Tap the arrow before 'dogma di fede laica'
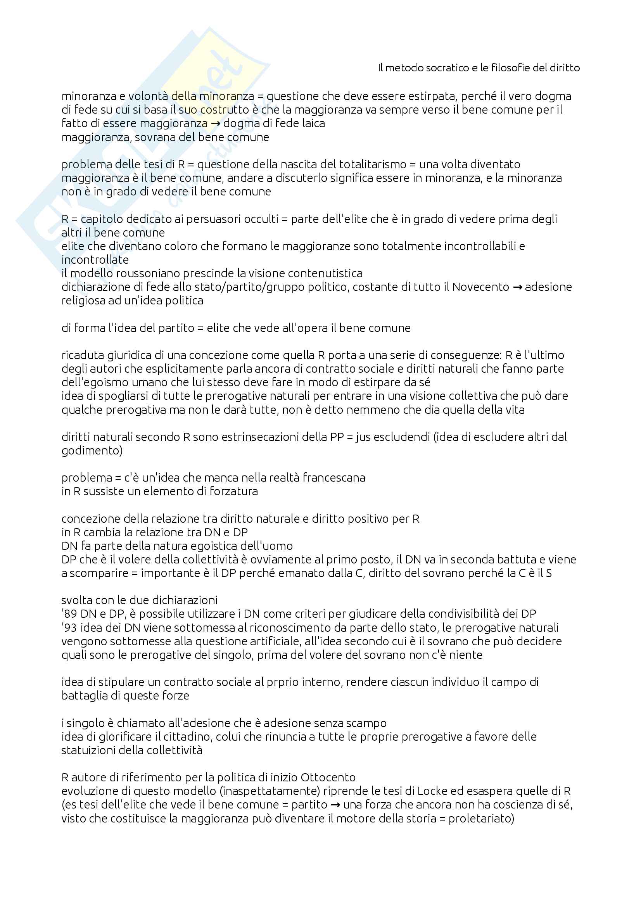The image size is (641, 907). point(216,123)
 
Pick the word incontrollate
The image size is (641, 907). point(95,259)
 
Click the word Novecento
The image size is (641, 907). point(480,287)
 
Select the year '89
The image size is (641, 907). point(69,613)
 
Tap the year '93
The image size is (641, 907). point(69,627)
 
